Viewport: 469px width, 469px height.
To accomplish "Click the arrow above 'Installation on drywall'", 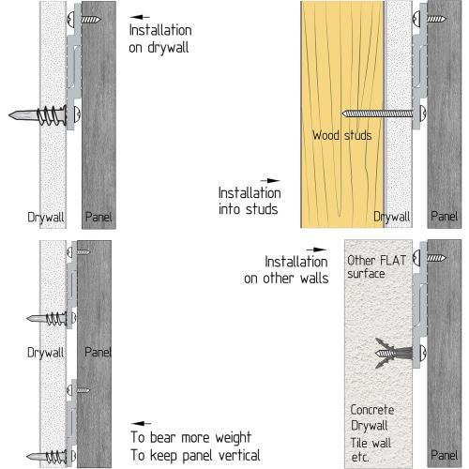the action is point(140,17).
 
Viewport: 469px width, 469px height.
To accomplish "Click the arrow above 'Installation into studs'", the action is point(270,180).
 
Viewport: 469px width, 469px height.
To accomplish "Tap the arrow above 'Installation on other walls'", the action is point(316,250).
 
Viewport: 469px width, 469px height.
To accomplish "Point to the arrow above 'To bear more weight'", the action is point(142,423).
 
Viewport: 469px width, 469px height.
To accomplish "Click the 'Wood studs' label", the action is point(342,135).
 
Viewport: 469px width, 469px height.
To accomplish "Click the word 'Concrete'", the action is point(372,410).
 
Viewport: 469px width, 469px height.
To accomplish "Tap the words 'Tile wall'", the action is point(371,443).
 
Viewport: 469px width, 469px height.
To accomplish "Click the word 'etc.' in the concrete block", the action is point(360,458).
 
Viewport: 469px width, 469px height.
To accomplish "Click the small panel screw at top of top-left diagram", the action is point(83,20).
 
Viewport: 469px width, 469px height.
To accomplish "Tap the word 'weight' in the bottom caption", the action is point(233,438).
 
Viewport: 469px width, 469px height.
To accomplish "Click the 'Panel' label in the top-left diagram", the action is point(98,217).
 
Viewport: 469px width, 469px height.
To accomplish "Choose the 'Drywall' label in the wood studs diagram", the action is point(392,217).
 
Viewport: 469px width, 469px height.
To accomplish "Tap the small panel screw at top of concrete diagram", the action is point(429,258).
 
